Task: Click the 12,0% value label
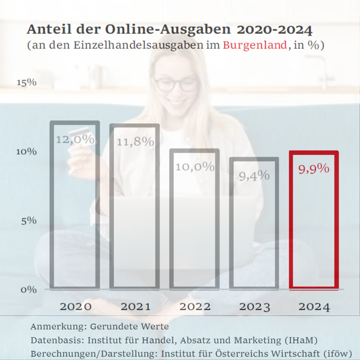point(75,139)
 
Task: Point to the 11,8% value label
point(135,142)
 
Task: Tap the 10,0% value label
point(195,167)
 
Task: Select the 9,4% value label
point(254,176)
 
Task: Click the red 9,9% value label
point(313,169)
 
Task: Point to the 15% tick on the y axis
point(27,82)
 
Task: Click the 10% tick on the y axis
point(27,151)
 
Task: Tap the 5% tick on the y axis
point(28,221)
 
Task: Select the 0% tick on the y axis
point(28,289)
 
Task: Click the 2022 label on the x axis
point(195,307)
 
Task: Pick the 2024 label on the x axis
point(313,307)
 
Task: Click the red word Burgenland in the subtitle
point(256,46)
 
